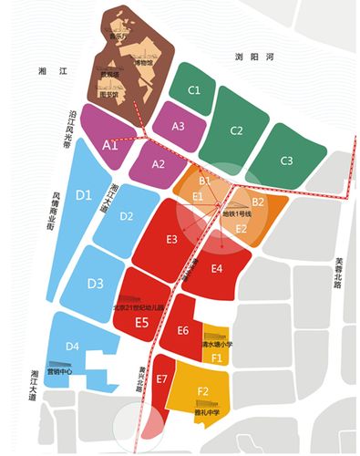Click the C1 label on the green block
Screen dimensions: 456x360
pyautogui.click(x=193, y=90)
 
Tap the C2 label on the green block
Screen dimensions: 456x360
pyautogui.click(x=235, y=130)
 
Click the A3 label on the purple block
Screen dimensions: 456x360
pyautogui.click(x=179, y=126)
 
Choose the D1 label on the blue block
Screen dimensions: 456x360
pyautogui.click(x=83, y=195)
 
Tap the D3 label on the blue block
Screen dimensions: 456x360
pyautogui.click(x=96, y=284)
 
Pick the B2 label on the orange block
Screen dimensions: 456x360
pyautogui.click(x=258, y=201)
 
